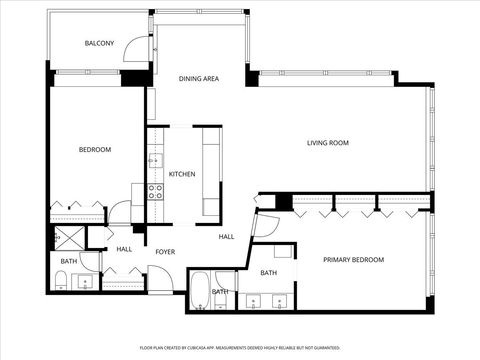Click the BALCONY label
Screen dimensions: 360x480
[99, 43]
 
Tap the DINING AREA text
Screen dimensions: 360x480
[199, 78]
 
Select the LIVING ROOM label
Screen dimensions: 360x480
[327, 143]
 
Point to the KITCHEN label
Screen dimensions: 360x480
[182, 175]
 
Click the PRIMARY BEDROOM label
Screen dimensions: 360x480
[353, 260]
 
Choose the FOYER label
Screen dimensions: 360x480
[165, 252]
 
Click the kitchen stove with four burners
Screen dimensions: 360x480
[156, 191]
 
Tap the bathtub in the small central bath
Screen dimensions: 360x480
[199, 290]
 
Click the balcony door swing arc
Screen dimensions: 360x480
[136, 52]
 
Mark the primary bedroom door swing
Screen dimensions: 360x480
[265, 226]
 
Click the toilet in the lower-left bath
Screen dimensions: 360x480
[62, 282]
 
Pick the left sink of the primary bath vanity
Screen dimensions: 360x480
[254, 300]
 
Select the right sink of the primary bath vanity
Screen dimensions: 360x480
[281, 300]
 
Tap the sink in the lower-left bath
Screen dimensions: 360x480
[86, 283]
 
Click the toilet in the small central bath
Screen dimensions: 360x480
[225, 297]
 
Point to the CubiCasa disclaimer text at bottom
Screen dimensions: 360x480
[239, 348]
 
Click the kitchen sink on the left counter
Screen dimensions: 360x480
[154, 159]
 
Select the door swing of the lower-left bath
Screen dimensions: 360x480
[89, 261]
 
